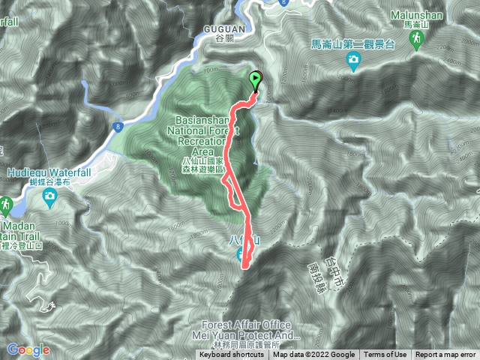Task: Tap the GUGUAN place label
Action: [221, 26]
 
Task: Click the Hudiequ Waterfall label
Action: [43, 172]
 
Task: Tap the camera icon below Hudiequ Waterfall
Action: [49, 197]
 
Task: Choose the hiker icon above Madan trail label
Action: [6, 204]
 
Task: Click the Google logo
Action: [28, 349]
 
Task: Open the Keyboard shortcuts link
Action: [231, 355]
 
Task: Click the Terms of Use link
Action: [385, 355]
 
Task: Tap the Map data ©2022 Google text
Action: [313, 355]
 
